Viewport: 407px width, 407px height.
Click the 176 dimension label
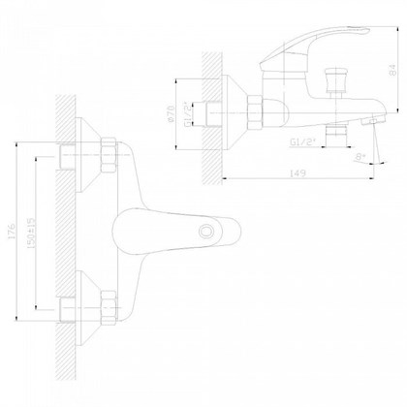(12, 232)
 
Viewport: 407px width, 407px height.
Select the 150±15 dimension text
(32, 233)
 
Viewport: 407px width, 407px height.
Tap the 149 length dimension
(297, 172)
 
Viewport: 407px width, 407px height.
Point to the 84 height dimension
(392, 71)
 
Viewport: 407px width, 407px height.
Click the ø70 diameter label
(172, 113)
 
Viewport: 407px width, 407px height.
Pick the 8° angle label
(360, 157)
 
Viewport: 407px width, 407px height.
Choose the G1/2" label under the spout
(302, 142)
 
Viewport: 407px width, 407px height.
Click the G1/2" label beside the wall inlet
(187, 113)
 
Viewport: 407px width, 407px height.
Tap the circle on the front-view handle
(205, 232)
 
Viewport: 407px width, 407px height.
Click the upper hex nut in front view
(109, 155)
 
